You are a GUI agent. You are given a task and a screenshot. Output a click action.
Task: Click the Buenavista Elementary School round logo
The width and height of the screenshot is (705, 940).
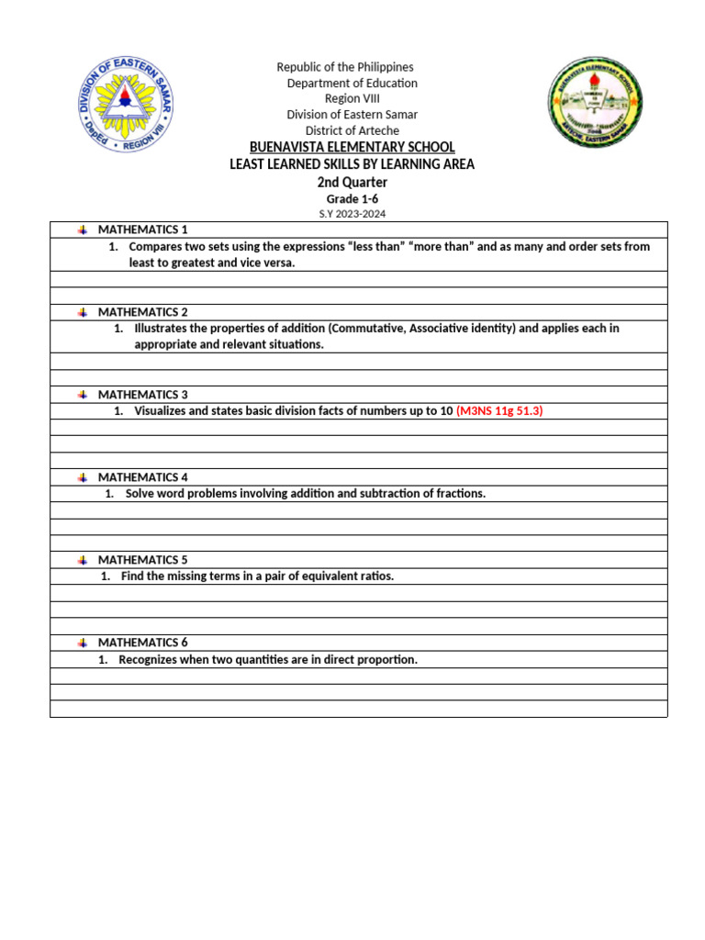595,103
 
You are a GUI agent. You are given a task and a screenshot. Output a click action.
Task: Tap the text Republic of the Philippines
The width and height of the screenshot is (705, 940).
345,67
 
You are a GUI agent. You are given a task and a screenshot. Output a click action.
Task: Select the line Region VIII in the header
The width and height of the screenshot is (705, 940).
352,99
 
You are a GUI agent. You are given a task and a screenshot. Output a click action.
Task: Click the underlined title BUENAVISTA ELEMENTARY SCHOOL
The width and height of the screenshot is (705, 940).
352,148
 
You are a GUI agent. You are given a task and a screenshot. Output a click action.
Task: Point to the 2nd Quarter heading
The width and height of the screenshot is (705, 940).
352,182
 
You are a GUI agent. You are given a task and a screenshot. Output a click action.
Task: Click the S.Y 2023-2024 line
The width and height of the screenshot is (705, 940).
352,214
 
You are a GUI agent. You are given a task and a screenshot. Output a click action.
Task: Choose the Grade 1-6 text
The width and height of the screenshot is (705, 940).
352,198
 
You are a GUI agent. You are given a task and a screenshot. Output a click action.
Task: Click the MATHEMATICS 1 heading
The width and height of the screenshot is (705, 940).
142,229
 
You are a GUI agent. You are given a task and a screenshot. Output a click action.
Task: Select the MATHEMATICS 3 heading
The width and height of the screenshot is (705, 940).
142,395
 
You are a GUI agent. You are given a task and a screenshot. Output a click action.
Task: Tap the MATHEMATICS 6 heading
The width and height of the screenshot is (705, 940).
142,643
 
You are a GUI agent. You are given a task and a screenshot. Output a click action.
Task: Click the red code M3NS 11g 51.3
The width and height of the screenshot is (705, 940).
499,411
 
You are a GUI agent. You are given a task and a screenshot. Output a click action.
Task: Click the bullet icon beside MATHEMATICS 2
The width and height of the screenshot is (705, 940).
82,312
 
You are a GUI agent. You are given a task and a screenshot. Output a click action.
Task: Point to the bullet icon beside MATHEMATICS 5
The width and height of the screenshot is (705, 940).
82,560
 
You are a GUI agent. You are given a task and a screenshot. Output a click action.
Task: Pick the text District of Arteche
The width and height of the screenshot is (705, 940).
352,131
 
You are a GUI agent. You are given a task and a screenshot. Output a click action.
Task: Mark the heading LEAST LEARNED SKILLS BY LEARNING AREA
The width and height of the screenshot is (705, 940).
352,164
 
